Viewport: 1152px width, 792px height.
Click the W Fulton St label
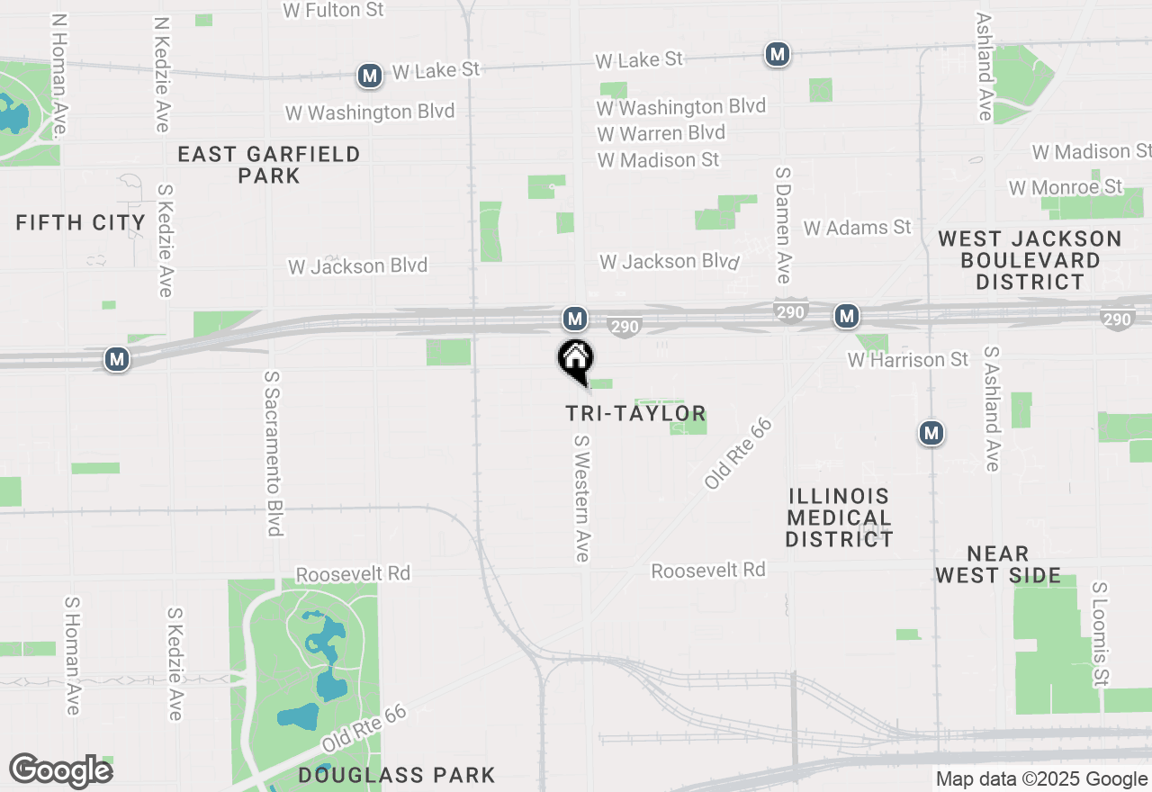click(x=333, y=11)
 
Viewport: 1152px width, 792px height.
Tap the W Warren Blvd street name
click(x=661, y=133)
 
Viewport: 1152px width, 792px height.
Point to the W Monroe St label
click(x=1066, y=187)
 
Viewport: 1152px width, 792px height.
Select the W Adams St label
click(x=857, y=228)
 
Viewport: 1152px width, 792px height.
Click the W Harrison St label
click(x=908, y=360)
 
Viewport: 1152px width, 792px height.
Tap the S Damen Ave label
click(x=783, y=224)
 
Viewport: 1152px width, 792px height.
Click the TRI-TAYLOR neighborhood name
click(x=635, y=413)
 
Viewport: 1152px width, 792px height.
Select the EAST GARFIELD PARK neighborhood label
click(x=269, y=165)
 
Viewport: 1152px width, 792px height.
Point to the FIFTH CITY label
click(x=81, y=222)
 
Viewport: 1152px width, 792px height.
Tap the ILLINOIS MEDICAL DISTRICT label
click(x=839, y=517)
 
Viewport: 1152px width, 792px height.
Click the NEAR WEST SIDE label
click(x=998, y=564)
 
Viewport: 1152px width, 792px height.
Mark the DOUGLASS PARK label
click(x=397, y=775)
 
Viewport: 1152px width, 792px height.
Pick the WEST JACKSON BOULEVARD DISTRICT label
click(x=1030, y=260)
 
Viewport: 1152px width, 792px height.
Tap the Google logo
click(x=61, y=771)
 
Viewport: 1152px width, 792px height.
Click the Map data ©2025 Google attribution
click(x=1041, y=779)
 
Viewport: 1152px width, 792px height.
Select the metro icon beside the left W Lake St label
click(x=369, y=76)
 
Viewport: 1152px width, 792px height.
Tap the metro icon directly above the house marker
click(x=575, y=318)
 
